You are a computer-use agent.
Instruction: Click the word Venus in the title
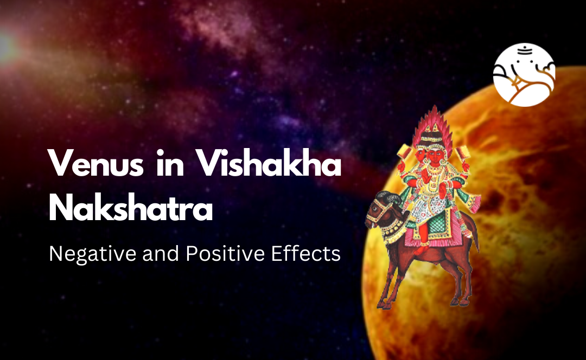pos(95,164)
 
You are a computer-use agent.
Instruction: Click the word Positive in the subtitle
pos(225,253)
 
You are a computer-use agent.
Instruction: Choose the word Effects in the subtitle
pos(305,253)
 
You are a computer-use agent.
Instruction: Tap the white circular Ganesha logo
pos(524,75)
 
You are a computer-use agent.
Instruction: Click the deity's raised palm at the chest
pos(443,190)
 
